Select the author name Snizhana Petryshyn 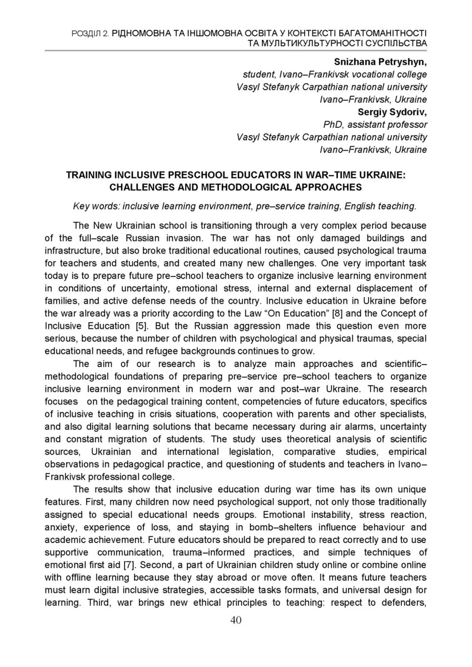click(x=380, y=62)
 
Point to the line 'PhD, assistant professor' click(x=375, y=125)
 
